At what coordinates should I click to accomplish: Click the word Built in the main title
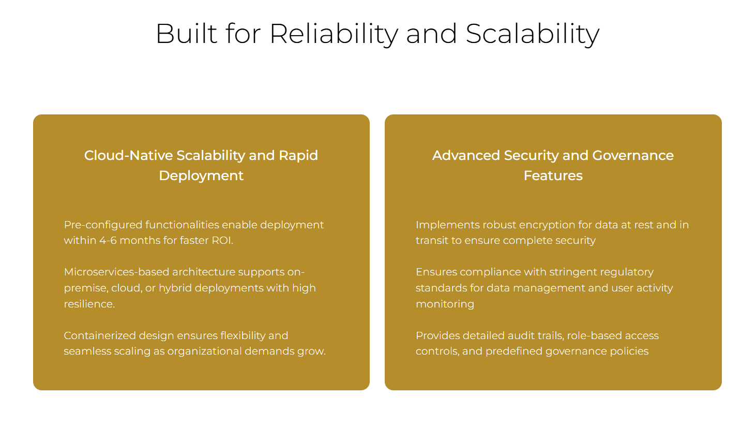click(x=186, y=34)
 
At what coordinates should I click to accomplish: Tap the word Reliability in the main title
click(x=334, y=35)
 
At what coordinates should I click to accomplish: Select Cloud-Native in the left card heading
click(x=129, y=155)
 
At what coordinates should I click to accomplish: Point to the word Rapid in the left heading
click(x=298, y=156)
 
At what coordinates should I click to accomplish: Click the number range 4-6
click(x=108, y=241)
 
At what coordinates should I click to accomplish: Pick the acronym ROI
click(x=222, y=241)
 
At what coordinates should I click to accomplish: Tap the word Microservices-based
click(x=117, y=272)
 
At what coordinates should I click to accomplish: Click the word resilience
click(x=89, y=304)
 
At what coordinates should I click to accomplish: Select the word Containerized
click(x=100, y=335)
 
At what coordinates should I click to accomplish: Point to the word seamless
click(x=87, y=351)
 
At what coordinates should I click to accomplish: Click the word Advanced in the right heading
click(x=466, y=155)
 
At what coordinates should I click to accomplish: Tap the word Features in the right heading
click(x=553, y=175)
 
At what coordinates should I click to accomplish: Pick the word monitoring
click(x=445, y=304)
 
